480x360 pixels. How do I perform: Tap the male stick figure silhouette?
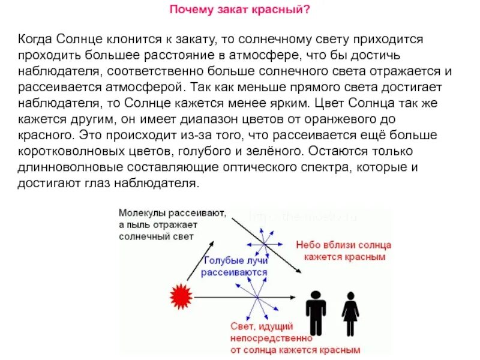[316, 313]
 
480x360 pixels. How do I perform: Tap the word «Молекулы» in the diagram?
[142, 213]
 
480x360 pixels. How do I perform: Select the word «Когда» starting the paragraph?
[35, 39]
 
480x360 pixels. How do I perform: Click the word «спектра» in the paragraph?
[321, 167]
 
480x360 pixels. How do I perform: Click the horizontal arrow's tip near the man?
[295, 296]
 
